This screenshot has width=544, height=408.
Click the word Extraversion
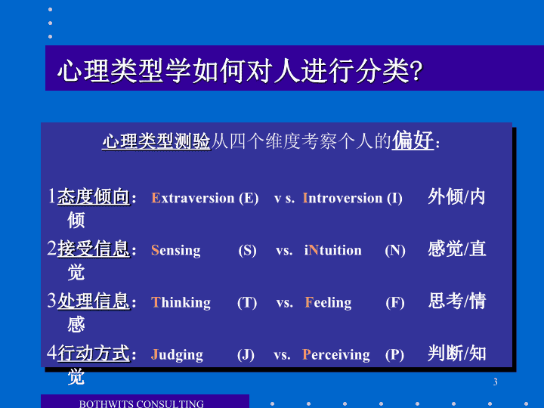pos(193,198)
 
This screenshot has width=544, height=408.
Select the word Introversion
pos(342,198)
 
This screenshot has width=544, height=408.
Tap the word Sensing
pos(176,251)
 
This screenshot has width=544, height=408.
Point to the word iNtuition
pos(332,250)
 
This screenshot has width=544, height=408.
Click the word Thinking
pos(181,303)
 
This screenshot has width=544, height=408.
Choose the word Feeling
pos(328,303)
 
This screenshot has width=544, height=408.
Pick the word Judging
pos(177,355)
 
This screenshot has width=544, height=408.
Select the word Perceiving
pos(335,355)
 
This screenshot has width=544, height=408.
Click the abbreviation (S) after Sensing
pos(247,251)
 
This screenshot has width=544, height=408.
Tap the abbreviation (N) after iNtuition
pos(395,251)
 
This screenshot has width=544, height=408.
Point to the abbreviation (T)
pos(247,303)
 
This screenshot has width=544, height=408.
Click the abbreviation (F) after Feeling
pos(395,303)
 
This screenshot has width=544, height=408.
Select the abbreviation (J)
pos(246,355)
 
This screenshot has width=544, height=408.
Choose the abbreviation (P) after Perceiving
pos(395,355)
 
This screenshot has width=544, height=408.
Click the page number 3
pos(496,382)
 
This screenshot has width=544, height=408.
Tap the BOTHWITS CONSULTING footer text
pos(141,404)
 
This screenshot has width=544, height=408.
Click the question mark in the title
pos(416,70)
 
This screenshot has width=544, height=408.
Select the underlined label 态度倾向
pos(94,196)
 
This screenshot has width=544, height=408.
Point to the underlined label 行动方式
pos(94,354)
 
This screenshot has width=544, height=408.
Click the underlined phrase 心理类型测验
pos(156,141)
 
